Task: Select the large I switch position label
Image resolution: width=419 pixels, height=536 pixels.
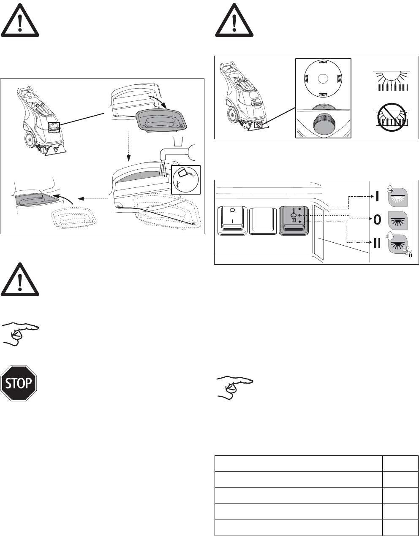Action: (375, 196)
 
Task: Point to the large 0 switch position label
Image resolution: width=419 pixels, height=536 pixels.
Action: (375, 219)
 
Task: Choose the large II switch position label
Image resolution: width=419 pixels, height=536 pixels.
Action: (375, 244)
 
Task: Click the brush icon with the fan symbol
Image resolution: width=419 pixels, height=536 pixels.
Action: (398, 245)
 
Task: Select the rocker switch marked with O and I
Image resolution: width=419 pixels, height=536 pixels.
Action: (231, 219)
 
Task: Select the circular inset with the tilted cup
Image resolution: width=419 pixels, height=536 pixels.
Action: (186, 180)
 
